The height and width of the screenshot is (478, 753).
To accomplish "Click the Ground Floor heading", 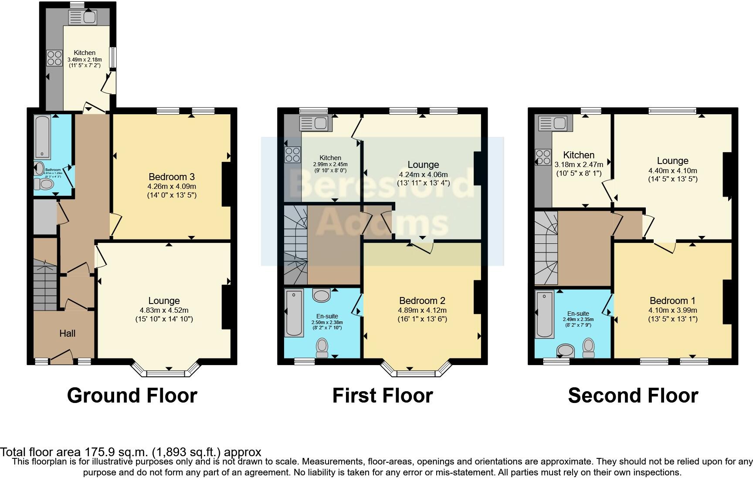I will (x=132, y=396).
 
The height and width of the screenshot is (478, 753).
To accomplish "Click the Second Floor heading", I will (x=633, y=396).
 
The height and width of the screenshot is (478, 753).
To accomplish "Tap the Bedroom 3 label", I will (x=171, y=177).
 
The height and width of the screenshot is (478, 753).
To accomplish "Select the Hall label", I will (x=67, y=333).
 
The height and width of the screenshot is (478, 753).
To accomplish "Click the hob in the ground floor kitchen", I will (x=54, y=58).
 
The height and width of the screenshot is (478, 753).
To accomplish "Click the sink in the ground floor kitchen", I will (x=83, y=17).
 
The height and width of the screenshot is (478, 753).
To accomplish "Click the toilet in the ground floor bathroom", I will (x=44, y=184).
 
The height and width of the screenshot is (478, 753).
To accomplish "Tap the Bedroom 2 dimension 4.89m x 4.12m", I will (x=422, y=311).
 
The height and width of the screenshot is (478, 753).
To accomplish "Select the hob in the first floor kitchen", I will (x=292, y=154).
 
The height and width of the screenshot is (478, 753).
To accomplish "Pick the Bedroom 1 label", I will (x=672, y=300).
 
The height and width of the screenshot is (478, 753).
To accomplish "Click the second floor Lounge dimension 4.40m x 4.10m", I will (x=672, y=171).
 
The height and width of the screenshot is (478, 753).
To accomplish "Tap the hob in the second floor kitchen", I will (x=543, y=157).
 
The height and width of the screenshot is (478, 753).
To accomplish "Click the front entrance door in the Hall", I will (x=61, y=357).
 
